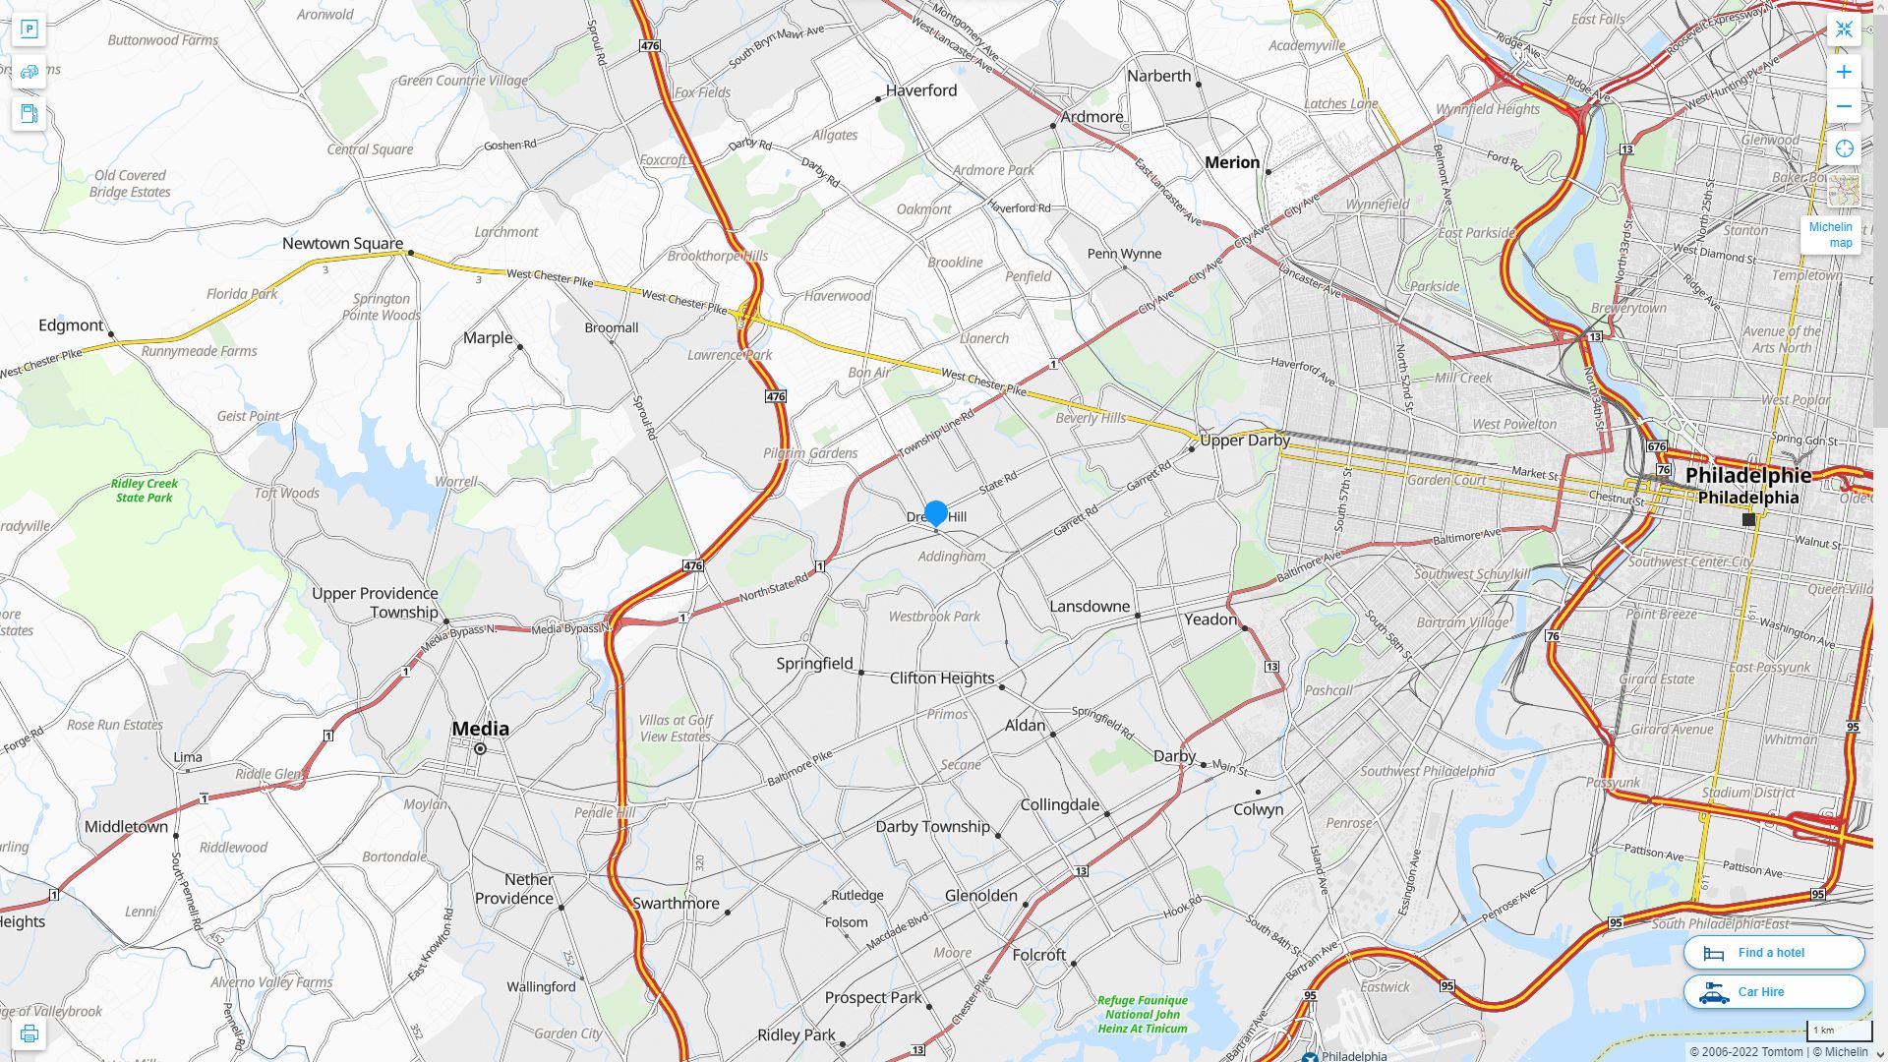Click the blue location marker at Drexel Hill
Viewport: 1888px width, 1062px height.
point(935,512)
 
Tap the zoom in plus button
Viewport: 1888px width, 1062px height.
point(1844,72)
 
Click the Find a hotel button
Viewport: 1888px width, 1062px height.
point(1773,952)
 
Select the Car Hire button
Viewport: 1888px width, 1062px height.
point(1773,991)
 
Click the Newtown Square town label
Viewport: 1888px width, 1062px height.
point(342,243)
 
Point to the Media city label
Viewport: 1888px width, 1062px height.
point(480,729)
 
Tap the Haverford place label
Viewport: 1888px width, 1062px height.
point(920,90)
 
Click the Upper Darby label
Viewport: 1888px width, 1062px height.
point(1244,440)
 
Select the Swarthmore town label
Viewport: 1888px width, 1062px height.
point(676,903)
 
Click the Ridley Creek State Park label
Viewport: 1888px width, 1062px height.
point(145,490)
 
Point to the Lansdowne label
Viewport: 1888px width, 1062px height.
point(1089,606)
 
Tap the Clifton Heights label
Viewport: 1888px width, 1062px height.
point(941,678)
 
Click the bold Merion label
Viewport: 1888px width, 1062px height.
point(1231,162)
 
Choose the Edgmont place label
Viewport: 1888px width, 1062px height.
point(71,324)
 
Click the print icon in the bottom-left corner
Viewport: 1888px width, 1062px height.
point(29,1033)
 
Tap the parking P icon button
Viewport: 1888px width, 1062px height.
point(29,29)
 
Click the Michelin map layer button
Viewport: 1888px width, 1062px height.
point(1831,234)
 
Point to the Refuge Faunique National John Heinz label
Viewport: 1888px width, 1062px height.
point(1142,1014)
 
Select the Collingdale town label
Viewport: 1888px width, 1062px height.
point(1059,804)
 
